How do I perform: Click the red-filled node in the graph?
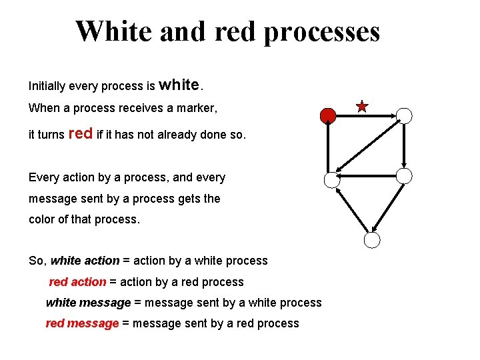pos(327,116)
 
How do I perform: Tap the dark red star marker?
pos(362,106)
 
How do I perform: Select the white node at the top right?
pos(404,115)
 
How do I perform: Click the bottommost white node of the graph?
pos(372,241)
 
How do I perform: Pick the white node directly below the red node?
pos(331,179)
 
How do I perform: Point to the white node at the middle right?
pos(404,175)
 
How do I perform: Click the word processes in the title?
pos(321,31)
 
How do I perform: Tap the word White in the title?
pos(114,31)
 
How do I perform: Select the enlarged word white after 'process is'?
pos(179,85)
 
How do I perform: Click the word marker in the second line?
pos(199,107)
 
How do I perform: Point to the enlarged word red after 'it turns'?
pos(81,133)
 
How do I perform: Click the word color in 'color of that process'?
pos(43,219)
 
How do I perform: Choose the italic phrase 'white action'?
pos(85,261)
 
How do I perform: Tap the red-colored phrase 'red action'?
pos(77,282)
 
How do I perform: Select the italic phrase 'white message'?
pos(88,303)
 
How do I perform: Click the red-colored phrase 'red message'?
pos(82,323)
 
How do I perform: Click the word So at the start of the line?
pos(37,261)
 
